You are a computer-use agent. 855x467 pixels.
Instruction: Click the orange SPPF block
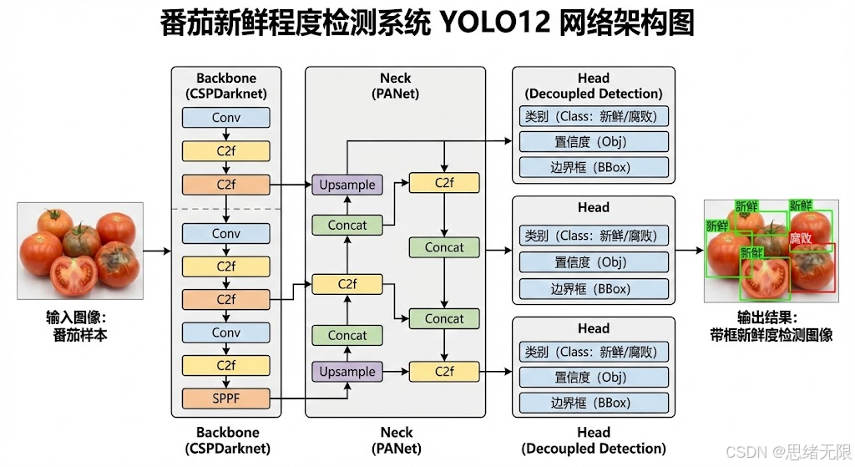tap(225, 398)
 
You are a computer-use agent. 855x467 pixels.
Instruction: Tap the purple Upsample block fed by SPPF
tap(347, 371)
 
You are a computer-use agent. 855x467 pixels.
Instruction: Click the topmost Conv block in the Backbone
tap(225, 118)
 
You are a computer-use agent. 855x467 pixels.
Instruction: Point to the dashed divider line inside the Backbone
tap(225, 209)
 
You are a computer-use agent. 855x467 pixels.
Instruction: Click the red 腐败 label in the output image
tap(801, 239)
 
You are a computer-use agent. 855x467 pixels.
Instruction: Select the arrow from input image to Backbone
tap(156, 250)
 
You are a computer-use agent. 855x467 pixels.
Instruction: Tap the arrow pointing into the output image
tap(689, 250)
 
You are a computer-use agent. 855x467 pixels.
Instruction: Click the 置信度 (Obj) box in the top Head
tap(594, 141)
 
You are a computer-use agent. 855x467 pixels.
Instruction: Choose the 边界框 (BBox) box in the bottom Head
tap(594, 403)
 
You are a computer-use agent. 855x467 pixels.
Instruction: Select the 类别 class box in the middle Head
tap(594, 236)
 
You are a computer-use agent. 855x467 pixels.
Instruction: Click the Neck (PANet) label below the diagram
tap(396, 440)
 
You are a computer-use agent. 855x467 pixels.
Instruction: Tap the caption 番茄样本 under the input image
tap(80, 335)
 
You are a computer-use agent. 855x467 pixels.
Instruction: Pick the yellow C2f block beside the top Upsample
tap(444, 182)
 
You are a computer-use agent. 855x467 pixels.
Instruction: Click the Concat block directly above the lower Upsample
tap(347, 336)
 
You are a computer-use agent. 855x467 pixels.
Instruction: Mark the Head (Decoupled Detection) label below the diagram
tap(594, 440)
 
